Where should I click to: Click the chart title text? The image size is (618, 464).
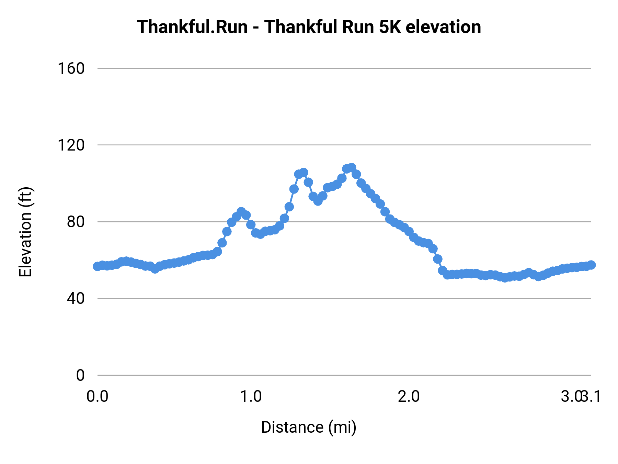[x=309, y=27]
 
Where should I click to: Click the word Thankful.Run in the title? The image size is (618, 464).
[x=192, y=27]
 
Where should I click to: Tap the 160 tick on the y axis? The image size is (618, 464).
[x=71, y=68]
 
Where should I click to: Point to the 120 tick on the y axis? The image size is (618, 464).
[x=71, y=145]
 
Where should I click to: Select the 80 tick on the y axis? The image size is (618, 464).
[x=76, y=222]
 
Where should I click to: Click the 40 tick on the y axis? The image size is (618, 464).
[x=76, y=298]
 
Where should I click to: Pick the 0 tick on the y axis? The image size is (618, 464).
[x=80, y=375]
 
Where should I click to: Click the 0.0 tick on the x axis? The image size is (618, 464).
[x=98, y=397]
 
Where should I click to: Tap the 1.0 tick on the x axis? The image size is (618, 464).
[x=251, y=397]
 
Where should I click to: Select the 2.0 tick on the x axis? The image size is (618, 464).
[x=409, y=397]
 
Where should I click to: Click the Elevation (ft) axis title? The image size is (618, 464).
[x=25, y=232]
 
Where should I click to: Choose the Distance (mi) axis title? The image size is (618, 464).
[x=309, y=427]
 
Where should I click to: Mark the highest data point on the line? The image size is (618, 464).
[x=351, y=168]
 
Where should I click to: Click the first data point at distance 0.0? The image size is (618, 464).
[x=98, y=266]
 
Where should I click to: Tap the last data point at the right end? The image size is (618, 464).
[x=591, y=265]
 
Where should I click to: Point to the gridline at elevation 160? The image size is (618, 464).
[x=343, y=68]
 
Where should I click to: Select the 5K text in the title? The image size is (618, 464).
[x=390, y=27]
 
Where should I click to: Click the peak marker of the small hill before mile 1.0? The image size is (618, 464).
[x=241, y=212]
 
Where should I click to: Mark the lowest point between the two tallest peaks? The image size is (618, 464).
[x=318, y=201]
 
